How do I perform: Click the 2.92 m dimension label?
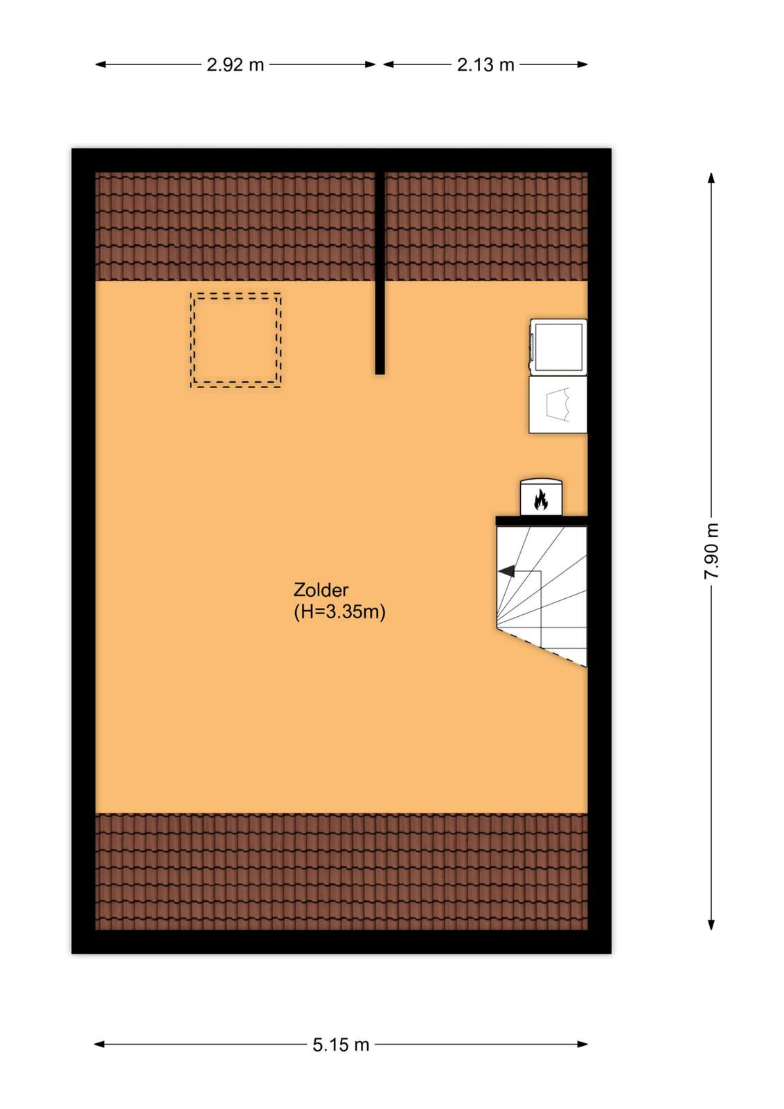point(235,65)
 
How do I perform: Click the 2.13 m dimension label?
point(485,65)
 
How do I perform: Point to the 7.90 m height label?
point(712,550)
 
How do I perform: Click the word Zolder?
point(321,590)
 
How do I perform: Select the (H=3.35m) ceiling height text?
point(339,613)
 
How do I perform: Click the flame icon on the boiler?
point(541,500)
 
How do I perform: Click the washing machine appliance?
point(558,346)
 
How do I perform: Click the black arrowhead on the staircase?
point(506,571)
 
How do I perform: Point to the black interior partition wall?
point(380,273)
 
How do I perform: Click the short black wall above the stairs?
point(542,521)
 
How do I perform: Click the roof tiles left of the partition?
point(235,226)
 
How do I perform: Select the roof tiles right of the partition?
point(486,226)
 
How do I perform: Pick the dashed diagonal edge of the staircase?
point(542,647)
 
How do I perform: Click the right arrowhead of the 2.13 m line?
point(582,64)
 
